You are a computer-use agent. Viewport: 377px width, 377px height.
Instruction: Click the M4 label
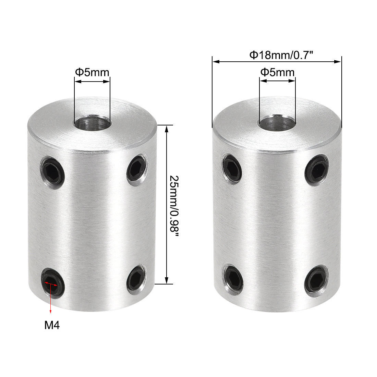click(x=52, y=325)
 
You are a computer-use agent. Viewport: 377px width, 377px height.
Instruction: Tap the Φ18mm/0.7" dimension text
click(x=277, y=55)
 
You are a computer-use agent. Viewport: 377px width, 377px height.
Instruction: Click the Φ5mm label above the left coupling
click(x=92, y=72)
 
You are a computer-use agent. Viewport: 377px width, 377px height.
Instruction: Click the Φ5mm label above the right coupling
click(x=277, y=72)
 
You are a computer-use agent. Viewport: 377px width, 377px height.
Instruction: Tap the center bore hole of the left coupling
click(x=92, y=123)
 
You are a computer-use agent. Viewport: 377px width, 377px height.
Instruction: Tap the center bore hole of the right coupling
click(x=277, y=123)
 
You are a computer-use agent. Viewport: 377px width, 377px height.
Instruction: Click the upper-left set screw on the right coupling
click(x=232, y=168)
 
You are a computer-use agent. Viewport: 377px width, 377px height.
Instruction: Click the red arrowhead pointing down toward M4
click(x=51, y=311)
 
